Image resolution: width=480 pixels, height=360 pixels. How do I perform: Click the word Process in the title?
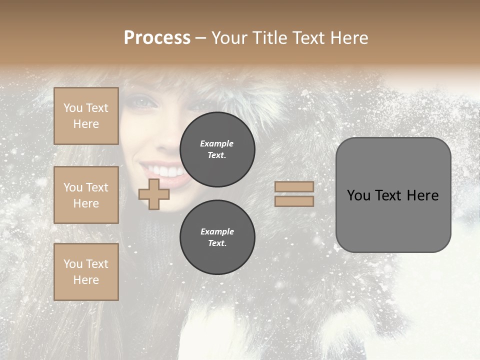(x=157, y=38)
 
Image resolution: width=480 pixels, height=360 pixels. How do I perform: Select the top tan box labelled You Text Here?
(x=86, y=116)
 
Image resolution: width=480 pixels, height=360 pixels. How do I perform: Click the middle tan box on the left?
(x=86, y=195)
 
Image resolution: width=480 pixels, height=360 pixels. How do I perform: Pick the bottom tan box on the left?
(x=86, y=271)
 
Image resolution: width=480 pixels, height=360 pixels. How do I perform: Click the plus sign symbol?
(x=153, y=194)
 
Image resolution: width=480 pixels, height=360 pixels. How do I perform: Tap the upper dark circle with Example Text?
(x=217, y=149)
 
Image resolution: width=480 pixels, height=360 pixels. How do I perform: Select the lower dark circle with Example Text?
(x=217, y=237)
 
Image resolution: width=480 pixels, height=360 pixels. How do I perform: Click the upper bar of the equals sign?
(x=294, y=186)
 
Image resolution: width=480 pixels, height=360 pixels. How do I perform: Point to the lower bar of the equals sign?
(x=294, y=201)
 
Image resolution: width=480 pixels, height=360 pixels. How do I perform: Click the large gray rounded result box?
(x=393, y=195)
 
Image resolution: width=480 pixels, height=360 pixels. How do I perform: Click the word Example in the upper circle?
(x=216, y=143)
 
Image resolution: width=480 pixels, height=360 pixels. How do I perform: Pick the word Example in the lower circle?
(x=217, y=231)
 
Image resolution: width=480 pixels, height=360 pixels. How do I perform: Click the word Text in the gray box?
(x=390, y=195)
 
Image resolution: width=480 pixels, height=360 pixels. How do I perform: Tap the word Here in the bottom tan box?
(x=86, y=280)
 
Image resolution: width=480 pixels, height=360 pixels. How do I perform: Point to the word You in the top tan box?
(x=72, y=108)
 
